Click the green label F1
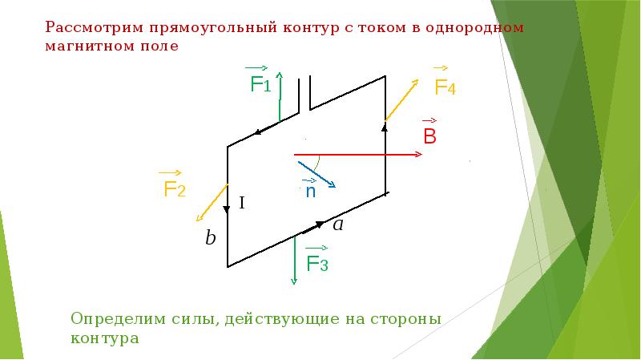(260, 84)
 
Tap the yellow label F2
(175, 189)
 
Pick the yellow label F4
(445, 87)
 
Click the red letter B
(429, 136)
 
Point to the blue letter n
(310, 192)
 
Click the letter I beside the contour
(240, 204)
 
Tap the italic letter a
(338, 225)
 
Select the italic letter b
(210, 238)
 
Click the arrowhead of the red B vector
(420, 154)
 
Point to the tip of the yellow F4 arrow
(418, 80)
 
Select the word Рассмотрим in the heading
(95, 27)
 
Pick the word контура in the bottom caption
(104, 338)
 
